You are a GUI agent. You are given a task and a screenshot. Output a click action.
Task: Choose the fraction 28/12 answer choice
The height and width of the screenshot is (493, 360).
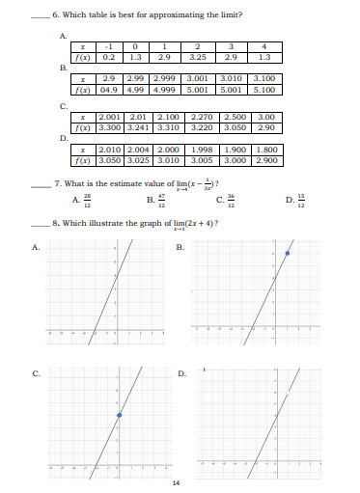88,200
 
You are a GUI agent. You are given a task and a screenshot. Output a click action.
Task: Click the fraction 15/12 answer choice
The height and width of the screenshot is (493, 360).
304,200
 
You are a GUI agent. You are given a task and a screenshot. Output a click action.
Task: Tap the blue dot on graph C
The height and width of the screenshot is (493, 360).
119,416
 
